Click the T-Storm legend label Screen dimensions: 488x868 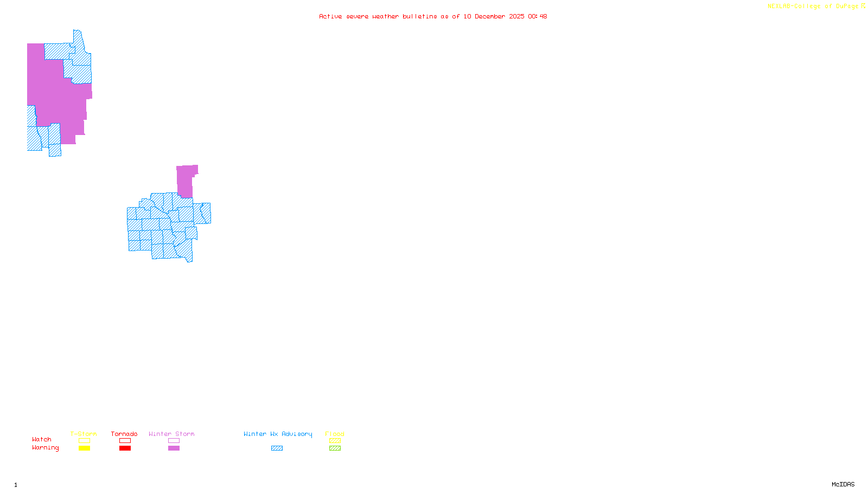point(84,434)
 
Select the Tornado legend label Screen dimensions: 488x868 point(124,434)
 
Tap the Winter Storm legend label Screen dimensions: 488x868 point(171,434)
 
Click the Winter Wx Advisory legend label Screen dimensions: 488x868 point(278,434)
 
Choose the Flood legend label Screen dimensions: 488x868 point(335,434)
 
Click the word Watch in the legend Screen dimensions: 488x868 point(42,439)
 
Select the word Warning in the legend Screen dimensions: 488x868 point(45,448)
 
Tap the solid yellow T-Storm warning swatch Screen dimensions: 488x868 point(84,448)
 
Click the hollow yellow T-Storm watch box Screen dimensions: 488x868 point(84,441)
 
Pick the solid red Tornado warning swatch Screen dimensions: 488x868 point(125,448)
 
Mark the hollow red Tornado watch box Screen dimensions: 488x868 point(125,441)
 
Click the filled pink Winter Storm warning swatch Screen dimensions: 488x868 point(174,448)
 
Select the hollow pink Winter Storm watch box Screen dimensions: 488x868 point(174,441)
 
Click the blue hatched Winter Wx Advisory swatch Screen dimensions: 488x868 point(277,448)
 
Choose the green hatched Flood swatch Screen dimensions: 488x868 point(335,448)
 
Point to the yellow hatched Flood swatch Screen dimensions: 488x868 point(335,441)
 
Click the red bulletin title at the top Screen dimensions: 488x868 point(433,16)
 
